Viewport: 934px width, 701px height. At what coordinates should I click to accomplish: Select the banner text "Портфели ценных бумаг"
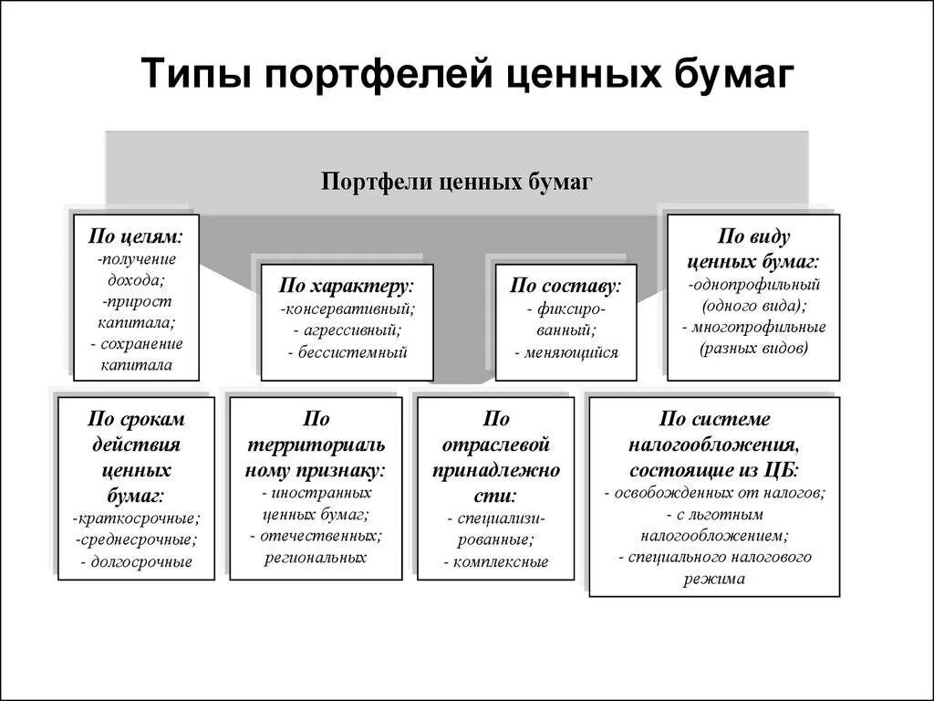(457, 182)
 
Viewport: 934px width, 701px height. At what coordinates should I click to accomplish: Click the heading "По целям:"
(135, 236)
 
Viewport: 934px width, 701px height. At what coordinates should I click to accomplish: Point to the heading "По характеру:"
(347, 286)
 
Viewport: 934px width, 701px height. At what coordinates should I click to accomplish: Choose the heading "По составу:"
(566, 286)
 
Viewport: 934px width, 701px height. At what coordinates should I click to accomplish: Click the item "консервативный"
(349, 309)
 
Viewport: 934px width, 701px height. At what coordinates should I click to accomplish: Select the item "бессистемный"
(352, 352)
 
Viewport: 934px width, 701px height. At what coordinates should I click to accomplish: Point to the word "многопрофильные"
(758, 327)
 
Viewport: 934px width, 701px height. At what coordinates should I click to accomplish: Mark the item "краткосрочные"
(138, 518)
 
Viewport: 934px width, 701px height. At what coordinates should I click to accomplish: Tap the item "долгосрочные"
(140, 561)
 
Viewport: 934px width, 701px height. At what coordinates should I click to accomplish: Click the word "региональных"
(316, 557)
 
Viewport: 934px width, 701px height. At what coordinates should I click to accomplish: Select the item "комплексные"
(501, 561)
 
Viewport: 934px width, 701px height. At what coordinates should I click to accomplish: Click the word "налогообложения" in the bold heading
(713, 445)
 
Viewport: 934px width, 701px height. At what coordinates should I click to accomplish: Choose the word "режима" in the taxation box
(715, 579)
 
